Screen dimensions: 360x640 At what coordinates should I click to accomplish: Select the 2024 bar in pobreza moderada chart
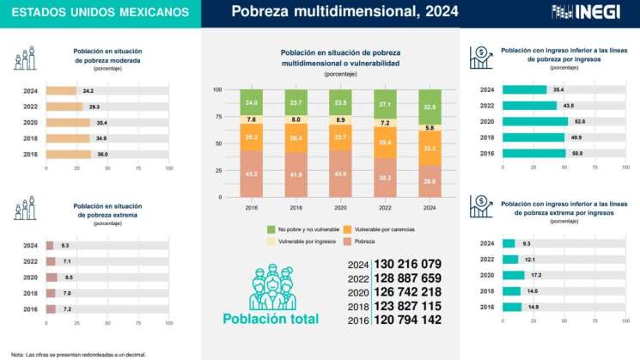coord(60,90)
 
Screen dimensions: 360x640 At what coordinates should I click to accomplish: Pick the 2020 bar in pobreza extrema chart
coord(51,278)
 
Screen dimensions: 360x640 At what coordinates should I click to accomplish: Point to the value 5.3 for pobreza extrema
coord(65,246)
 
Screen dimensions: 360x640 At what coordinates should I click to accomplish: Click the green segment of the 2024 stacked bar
coord(429,107)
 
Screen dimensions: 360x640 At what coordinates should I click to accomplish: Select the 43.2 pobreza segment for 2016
coord(252,174)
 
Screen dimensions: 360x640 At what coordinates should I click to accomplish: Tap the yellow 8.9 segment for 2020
coord(341,120)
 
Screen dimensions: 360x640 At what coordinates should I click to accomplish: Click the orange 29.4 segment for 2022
coord(385,142)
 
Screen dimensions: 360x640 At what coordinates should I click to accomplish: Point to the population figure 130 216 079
coord(407,264)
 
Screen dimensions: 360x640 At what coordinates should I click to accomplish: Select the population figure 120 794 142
coord(407,320)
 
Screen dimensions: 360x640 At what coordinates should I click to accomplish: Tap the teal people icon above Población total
coord(271,286)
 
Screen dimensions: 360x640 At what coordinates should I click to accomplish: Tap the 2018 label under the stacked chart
coord(296,207)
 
